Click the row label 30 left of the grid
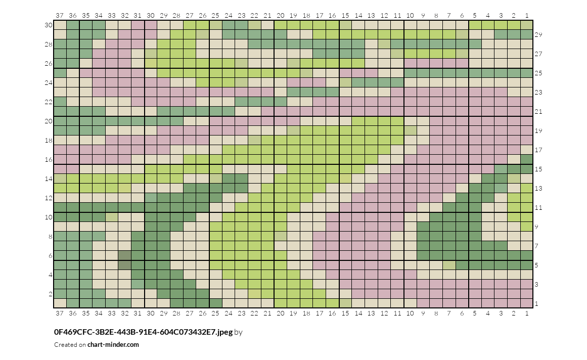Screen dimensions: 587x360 click(x=49, y=25)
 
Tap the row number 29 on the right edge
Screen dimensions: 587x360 click(x=538, y=35)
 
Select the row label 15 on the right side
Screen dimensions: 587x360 click(x=538, y=169)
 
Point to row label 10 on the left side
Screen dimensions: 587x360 click(x=49, y=217)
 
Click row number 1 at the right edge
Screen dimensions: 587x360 click(x=536, y=303)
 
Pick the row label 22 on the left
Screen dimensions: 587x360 click(x=49, y=102)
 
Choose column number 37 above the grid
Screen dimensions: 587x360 click(x=60, y=15)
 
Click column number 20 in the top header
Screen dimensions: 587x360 click(x=281, y=15)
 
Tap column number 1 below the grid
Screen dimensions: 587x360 click(x=527, y=313)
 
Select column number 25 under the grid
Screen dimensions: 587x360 click(x=215, y=313)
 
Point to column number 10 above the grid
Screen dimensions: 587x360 click(x=410, y=15)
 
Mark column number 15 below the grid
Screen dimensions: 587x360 click(x=345, y=313)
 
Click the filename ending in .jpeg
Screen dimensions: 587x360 click(x=144, y=332)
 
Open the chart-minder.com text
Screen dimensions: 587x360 click(x=113, y=345)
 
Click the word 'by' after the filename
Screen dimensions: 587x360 click(x=239, y=332)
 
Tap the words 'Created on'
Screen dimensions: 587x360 click(x=70, y=345)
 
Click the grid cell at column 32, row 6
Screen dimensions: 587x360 click(x=125, y=256)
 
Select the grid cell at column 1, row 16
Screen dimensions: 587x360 click(x=527, y=159)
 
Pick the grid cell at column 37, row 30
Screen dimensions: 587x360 click(x=60, y=25)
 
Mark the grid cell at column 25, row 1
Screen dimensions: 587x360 click(x=215, y=303)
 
